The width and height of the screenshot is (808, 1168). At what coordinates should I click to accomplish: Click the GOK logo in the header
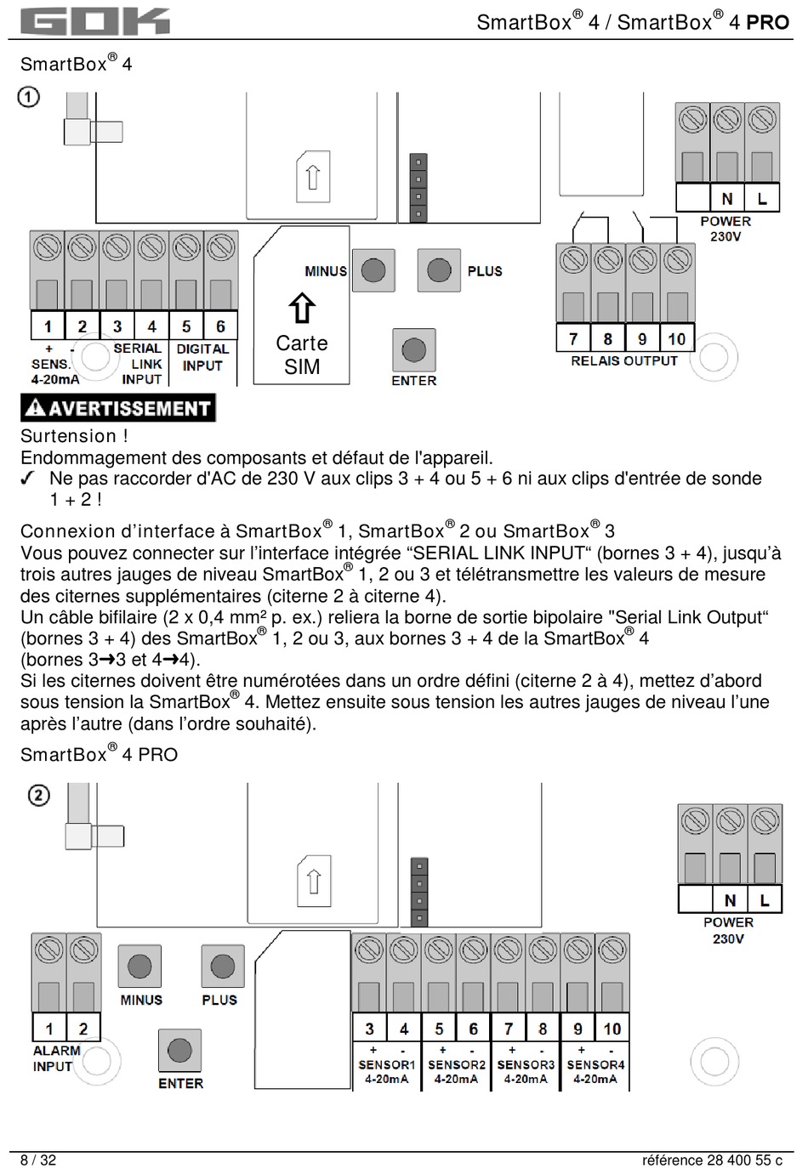pos(94,20)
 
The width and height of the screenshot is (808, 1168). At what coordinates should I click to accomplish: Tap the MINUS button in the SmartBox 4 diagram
pos(373,270)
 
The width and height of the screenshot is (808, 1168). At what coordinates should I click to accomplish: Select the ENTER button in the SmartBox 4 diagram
pos(413,349)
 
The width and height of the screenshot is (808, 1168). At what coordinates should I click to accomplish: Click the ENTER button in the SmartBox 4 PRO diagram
pos(179,1051)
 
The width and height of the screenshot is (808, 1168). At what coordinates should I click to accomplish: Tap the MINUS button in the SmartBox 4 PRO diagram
pos(139,966)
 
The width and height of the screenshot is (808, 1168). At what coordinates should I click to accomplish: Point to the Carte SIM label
pos(302,355)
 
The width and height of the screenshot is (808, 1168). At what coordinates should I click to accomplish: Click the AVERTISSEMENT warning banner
pos(118,408)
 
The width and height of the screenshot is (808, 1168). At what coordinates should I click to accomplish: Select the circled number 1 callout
pos(28,97)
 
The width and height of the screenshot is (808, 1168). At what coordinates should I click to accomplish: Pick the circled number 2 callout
pos(39,796)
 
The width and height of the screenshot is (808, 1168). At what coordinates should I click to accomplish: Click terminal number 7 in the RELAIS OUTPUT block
pos(573,338)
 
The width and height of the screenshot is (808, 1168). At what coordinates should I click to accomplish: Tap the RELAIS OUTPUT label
pos(624,360)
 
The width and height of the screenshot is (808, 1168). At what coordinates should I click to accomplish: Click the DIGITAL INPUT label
pos(202,357)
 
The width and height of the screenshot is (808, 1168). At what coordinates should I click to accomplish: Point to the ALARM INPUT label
pos(56,1058)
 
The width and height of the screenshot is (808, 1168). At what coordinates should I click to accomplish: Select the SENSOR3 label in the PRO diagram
pos(526,1064)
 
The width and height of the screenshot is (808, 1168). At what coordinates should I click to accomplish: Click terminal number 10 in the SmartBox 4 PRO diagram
pos(612,1029)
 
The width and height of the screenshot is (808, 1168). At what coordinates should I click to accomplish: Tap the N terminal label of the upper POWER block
pos(727,199)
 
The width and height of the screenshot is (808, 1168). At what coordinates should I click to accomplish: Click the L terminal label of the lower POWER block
pos(765,899)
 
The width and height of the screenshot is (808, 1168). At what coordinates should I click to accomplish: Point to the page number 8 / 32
pos(38,1159)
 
